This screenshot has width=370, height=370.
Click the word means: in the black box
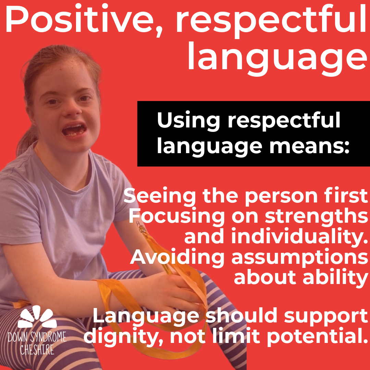(x=309, y=147)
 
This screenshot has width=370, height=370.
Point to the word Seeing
(x=160, y=196)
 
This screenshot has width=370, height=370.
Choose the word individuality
(x=300, y=237)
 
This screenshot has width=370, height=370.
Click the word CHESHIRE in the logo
(x=37, y=350)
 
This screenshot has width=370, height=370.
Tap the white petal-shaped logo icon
(x=37, y=317)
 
